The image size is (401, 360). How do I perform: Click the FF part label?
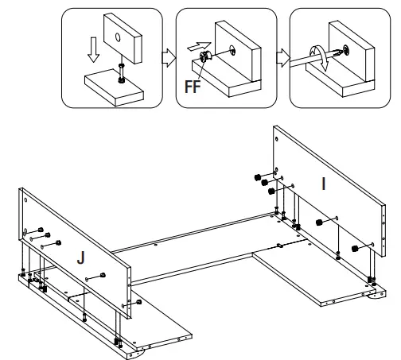point(193,87)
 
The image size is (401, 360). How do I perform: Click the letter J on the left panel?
point(81,257)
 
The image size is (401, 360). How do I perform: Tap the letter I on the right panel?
point(323,184)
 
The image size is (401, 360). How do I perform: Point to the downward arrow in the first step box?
point(93,50)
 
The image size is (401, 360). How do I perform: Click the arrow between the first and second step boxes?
point(169,57)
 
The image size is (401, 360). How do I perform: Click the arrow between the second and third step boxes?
point(283,57)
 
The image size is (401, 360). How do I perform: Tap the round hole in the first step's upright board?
point(118,37)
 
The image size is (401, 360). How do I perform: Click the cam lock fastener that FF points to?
point(204,56)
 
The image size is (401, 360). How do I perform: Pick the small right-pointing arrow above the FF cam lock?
point(199,46)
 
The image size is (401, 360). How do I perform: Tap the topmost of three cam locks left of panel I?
point(257,177)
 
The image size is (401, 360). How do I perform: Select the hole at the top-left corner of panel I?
point(277,138)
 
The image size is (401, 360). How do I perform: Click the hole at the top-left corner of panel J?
point(25,200)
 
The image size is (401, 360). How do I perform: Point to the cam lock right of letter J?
point(103,275)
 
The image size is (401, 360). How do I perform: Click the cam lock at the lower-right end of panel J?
point(138,302)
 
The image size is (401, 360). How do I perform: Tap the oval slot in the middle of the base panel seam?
point(280,246)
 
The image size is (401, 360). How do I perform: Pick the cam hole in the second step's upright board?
point(232,50)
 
